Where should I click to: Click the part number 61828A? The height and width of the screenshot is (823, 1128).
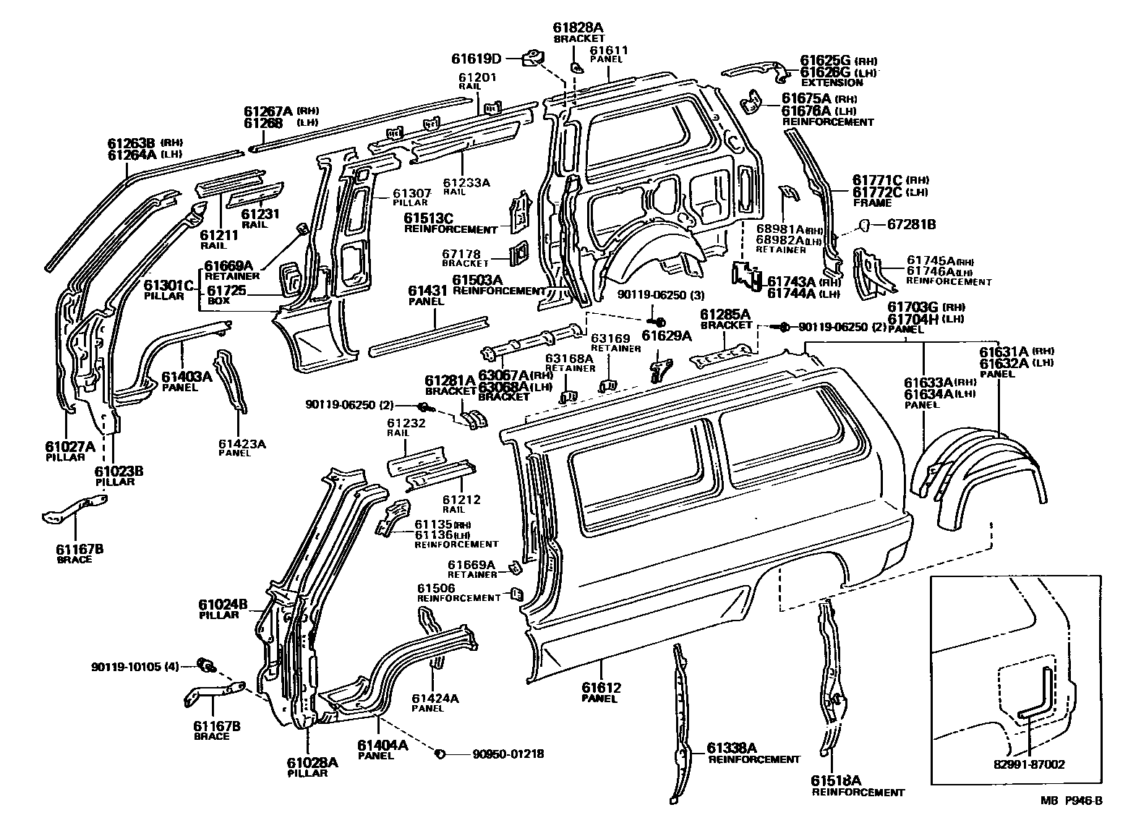click(x=578, y=27)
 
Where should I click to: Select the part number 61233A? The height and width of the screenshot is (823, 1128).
click(x=466, y=183)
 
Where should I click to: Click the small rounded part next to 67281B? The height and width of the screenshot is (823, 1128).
click(x=863, y=226)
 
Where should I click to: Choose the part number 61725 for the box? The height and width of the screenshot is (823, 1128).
click(x=226, y=290)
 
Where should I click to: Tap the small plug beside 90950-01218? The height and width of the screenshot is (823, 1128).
click(x=438, y=754)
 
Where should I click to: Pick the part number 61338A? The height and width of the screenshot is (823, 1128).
click(x=731, y=747)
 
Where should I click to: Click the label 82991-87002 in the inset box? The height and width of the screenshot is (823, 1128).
click(x=1028, y=764)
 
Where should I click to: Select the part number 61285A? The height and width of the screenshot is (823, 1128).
click(x=726, y=313)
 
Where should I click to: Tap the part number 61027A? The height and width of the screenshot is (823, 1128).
click(x=69, y=446)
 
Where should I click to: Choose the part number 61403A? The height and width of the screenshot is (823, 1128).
click(x=186, y=376)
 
